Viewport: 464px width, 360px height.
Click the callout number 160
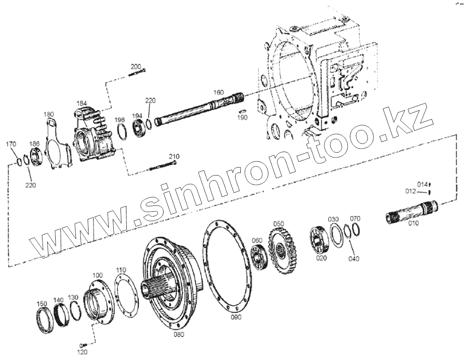coord(219,92)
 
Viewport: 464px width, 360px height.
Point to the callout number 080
coord(179,334)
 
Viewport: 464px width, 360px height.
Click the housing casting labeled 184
coord(93,134)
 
